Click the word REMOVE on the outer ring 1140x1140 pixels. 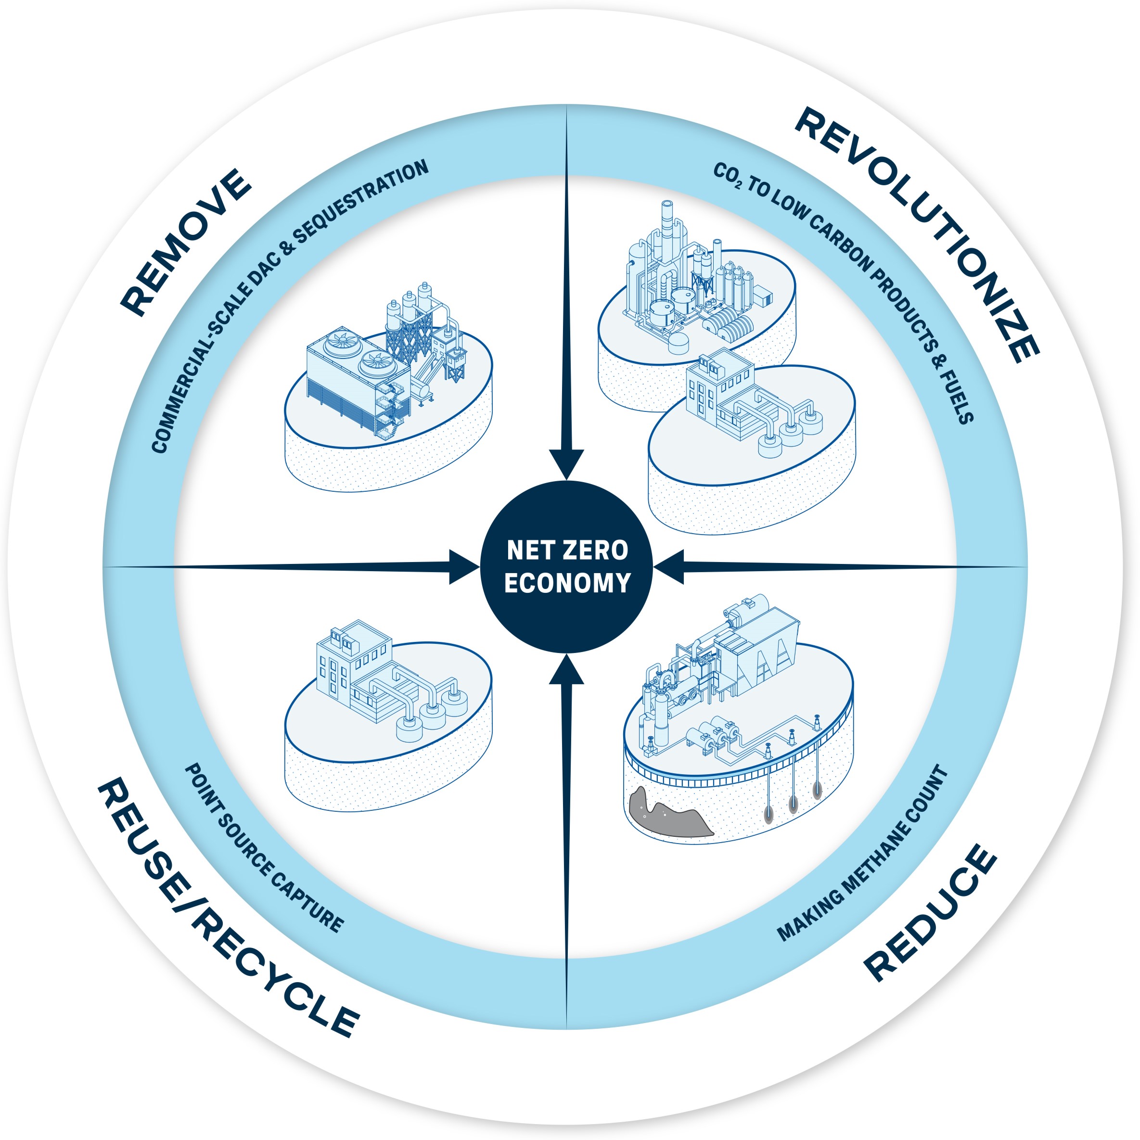(x=186, y=242)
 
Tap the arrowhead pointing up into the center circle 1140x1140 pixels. (x=566, y=670)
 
